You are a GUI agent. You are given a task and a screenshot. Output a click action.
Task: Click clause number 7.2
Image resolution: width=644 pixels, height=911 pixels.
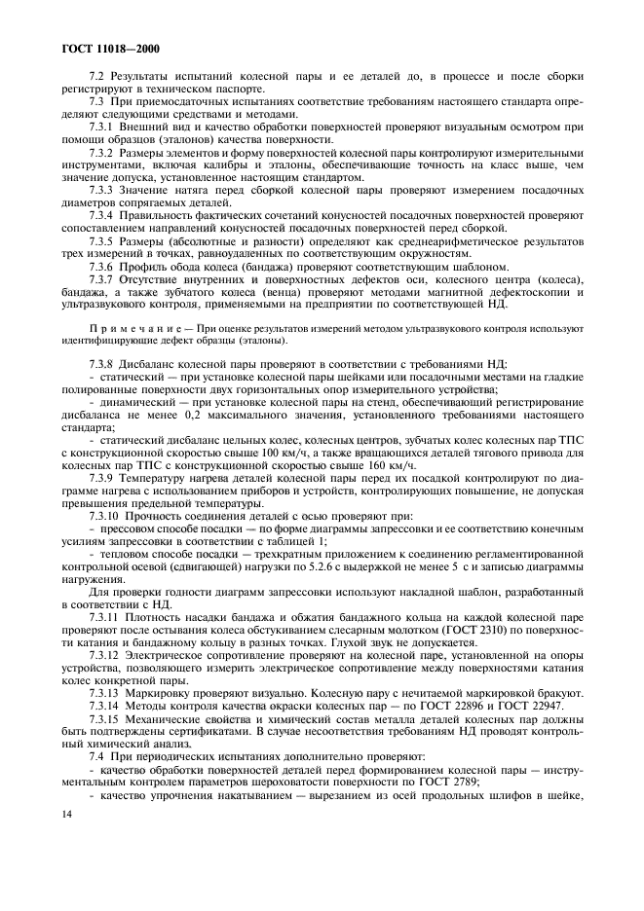[96, 76]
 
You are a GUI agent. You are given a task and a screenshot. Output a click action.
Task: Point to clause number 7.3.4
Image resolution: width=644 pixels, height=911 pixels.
[101, 214]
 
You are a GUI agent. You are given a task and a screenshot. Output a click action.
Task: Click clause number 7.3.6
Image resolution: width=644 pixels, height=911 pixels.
[101, 268]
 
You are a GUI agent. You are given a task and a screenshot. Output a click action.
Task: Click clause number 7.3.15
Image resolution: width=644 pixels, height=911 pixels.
[104, 747]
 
